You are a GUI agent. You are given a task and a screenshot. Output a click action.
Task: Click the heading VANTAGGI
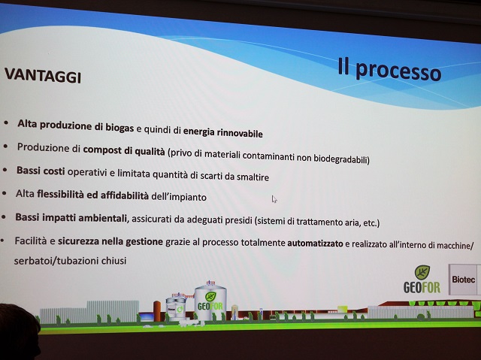[43, 76]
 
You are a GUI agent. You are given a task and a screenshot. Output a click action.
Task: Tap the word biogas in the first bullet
[119, 127]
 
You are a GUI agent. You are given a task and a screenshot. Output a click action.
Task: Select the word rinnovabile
[240, 133]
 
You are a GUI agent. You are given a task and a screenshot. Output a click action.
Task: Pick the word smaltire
[253, 177]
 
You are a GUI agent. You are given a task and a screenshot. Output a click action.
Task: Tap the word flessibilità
[60, 194]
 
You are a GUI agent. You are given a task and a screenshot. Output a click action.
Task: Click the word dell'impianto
[179, 197]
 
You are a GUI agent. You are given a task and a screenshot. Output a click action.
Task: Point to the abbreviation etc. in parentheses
[370, 223]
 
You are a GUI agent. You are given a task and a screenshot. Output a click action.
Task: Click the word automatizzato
[315, 244]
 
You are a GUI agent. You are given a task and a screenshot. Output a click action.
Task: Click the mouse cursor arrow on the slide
[274, 199]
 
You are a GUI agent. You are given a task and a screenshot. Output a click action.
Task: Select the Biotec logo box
[464, 280]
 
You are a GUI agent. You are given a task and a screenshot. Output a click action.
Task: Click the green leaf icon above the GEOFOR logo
[422, 273]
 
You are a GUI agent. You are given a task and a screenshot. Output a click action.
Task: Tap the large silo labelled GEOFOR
[210, 302]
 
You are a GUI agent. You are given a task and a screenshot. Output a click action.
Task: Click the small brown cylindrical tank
[157, 310]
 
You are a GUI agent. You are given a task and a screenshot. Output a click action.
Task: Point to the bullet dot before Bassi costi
[5, 170]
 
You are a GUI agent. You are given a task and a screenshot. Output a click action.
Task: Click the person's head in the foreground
[18, 331]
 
